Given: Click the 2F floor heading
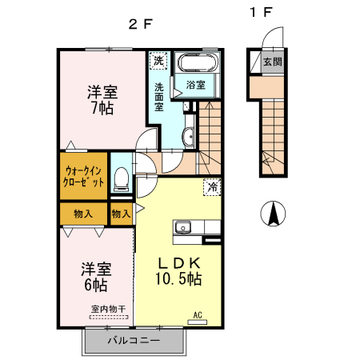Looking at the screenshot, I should coord(140,23).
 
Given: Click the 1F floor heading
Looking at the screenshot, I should coord(260,13).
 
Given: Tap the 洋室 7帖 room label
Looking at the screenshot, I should coord(100,98).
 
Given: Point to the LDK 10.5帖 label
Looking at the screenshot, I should coord(178,271).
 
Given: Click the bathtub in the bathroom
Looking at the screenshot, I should coord(195,65).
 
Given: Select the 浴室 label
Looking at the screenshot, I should coord(196,83).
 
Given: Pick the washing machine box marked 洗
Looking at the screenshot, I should coord(158,61).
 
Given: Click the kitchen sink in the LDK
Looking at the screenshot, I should coord(183,227).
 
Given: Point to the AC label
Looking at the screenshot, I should coord(196,314).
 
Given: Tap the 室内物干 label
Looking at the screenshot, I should coord(107,309).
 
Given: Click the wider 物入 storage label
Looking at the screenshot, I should coord(82,214).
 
